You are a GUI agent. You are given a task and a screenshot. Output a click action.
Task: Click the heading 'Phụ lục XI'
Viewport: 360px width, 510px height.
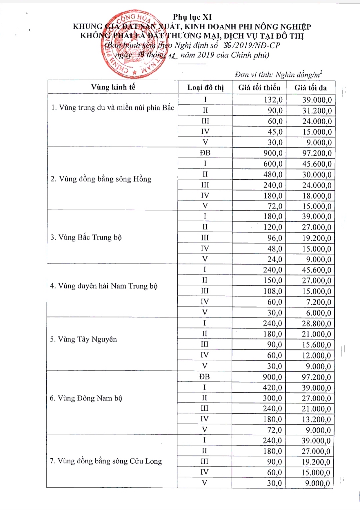click(x=192, y=17)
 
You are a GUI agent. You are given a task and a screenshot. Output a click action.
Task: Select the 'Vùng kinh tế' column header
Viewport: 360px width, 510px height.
click(x=113, y=87)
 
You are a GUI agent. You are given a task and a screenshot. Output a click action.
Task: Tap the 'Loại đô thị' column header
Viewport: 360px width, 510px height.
click(x=205, y=88)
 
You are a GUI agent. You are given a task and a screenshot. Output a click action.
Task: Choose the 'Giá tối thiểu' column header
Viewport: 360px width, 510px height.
click(x=259, y=88)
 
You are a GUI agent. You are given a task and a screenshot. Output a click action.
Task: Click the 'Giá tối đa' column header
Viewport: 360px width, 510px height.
click(x=310, y=88)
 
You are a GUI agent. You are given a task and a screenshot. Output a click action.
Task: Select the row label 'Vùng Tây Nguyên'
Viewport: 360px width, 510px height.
click(x=83, y=339)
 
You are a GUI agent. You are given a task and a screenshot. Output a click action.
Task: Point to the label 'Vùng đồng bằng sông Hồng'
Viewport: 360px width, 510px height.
click(x=101, y=179)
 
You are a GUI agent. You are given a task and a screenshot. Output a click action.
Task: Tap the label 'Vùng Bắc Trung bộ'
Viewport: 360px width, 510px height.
click(x=86, y=238)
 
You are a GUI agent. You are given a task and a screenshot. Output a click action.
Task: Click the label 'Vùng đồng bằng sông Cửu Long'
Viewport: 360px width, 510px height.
click(x=106, y=461)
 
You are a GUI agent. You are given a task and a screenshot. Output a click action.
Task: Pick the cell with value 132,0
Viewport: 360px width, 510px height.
click(x=273, y=100)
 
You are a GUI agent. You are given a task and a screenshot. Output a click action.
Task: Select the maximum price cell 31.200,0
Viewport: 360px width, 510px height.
click(x=317, y=111)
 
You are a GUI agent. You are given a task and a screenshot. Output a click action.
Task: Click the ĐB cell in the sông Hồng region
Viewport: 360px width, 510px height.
click(x=205, y=153)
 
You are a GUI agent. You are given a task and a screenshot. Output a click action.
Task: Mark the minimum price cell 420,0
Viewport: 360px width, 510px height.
click(x=272, y=387)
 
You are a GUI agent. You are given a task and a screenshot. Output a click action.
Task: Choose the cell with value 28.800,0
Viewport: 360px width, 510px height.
click(x=316, y=323)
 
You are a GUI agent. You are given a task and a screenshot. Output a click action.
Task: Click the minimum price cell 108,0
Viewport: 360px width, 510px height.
click(x=273, y=291)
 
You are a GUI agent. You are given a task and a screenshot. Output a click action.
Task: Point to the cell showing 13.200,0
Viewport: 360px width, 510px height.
click(x=316, y=419)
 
